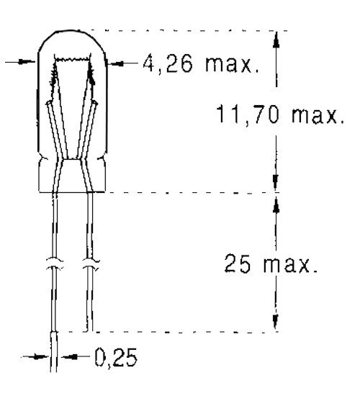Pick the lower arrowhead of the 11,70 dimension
point(276,184)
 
